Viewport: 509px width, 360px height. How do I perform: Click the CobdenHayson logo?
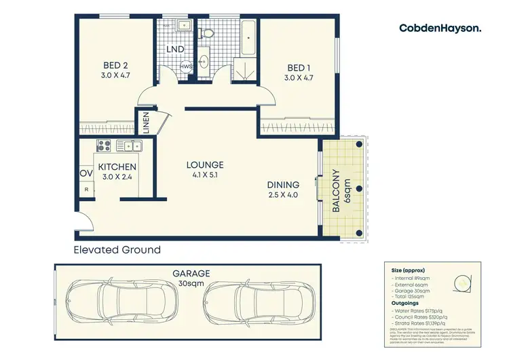click(x=440, y=28)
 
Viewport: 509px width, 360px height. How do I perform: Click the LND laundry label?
click(x=176, y=49)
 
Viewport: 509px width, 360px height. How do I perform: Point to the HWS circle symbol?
click(x=185, y=67)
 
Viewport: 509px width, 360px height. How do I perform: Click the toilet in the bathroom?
click(x=209, y=32)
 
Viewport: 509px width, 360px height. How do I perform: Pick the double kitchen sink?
click(x=128, y=145)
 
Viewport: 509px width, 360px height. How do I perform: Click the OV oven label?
click(x=86, y=173)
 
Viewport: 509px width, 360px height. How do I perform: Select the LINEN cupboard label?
click(x=146, y=124)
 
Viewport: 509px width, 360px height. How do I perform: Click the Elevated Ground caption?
click(x=117, y=249)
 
